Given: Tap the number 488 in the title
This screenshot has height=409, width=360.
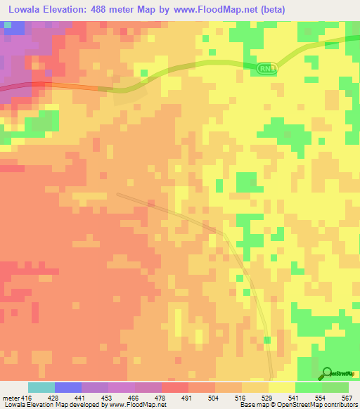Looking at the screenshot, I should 113,10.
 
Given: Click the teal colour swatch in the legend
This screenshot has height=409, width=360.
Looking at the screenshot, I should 41,387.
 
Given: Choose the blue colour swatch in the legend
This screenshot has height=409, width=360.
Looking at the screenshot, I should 68,387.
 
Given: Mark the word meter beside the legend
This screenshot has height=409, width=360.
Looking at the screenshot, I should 9,398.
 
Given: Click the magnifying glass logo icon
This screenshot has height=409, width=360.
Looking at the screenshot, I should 327,373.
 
